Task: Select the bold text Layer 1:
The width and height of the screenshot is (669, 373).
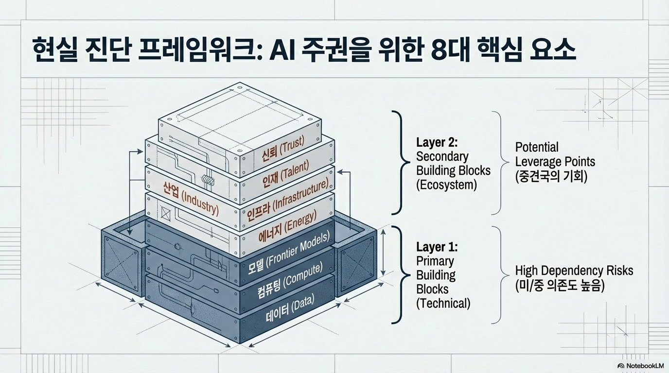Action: click(437, 247)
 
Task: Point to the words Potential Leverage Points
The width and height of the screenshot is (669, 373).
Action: click(555, 154)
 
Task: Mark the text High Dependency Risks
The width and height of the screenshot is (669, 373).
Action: click(574, 271)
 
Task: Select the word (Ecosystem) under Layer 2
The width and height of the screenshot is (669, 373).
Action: click(446, 185)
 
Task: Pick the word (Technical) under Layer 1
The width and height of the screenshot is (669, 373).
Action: click(443, 304)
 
